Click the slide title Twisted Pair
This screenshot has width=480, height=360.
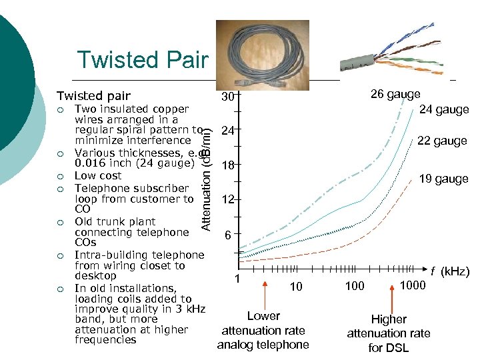143,59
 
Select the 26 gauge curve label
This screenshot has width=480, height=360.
395,94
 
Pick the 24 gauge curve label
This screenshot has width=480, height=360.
444,109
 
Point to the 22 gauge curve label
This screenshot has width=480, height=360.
442,141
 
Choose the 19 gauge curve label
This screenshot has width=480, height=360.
443,179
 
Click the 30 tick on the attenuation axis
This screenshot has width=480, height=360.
228,97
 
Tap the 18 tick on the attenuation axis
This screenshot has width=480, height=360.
228,165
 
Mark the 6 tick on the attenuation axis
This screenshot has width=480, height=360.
228,235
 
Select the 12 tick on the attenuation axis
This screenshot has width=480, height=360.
228,200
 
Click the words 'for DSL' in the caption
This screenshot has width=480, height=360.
389,348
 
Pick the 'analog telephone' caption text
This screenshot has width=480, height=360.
263,345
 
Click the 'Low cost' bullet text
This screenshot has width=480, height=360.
98,175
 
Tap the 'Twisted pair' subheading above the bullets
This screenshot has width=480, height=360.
93,96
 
